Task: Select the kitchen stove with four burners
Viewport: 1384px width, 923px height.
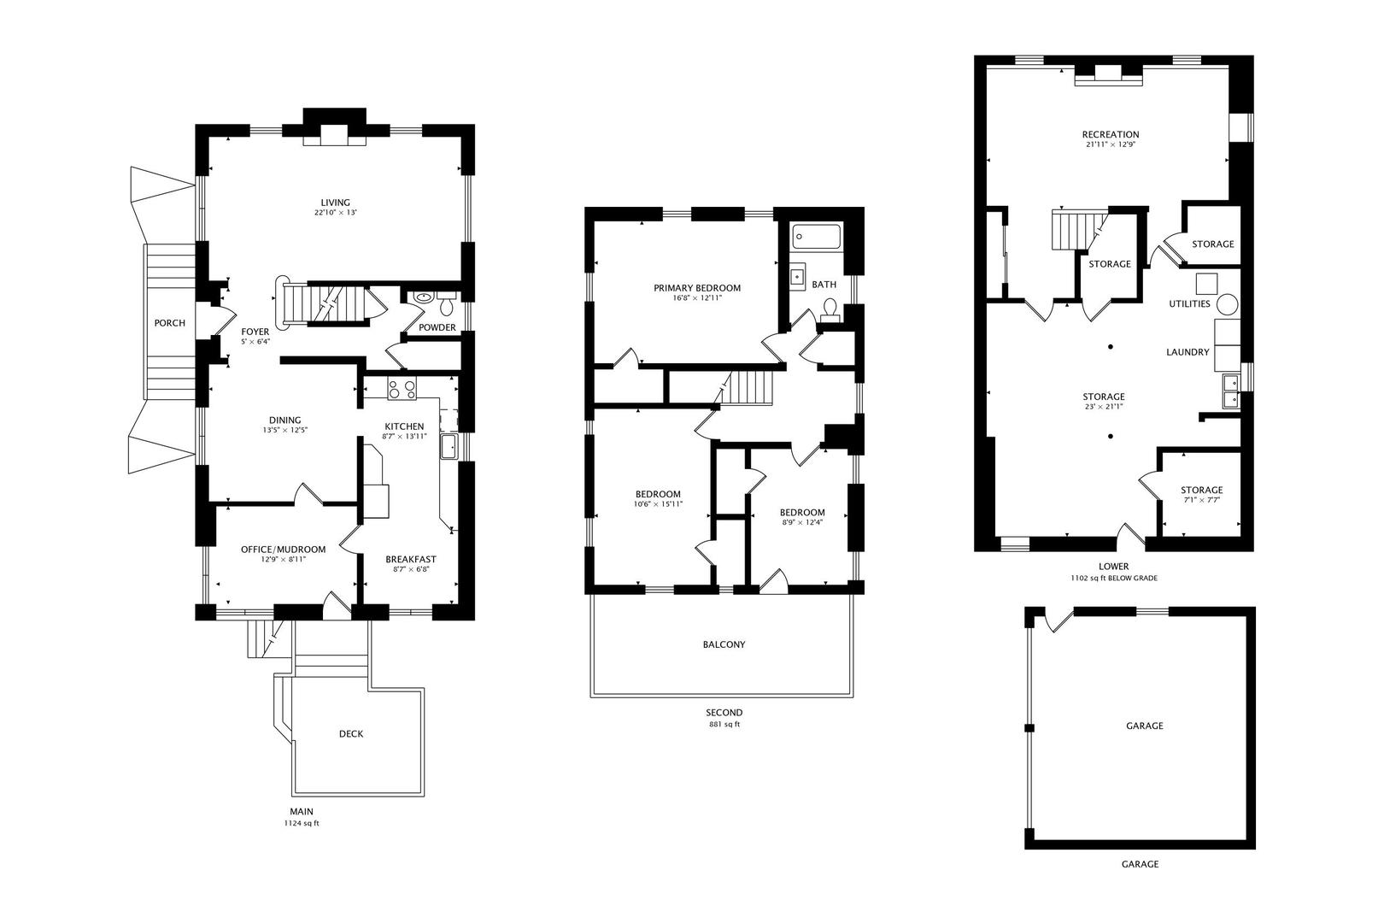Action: pos(402,390)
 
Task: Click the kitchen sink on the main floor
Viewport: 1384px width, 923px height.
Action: pos(449,445)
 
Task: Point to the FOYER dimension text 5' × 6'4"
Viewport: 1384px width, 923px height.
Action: pos(255,342)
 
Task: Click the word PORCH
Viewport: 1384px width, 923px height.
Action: pos(170,323)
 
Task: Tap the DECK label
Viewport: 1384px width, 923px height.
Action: pos(351,733)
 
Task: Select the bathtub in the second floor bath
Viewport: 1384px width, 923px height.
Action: pos(816,237)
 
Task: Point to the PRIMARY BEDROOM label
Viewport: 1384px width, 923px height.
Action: pos(697,288)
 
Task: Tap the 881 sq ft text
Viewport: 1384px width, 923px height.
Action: pos(724,725)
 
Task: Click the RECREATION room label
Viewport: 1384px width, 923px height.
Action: pos(1110,134)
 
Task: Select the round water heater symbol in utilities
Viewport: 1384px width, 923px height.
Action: pos(1227,303)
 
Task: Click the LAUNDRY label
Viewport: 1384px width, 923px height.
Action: pos(1188,352)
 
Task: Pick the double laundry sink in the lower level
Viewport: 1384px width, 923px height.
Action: pos(1230,391)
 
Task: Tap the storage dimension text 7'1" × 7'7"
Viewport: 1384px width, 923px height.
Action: pos(1201,500)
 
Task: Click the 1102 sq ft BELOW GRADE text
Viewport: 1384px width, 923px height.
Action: pos(1113,578)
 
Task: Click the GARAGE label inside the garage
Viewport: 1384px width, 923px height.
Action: pos(1144,726)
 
